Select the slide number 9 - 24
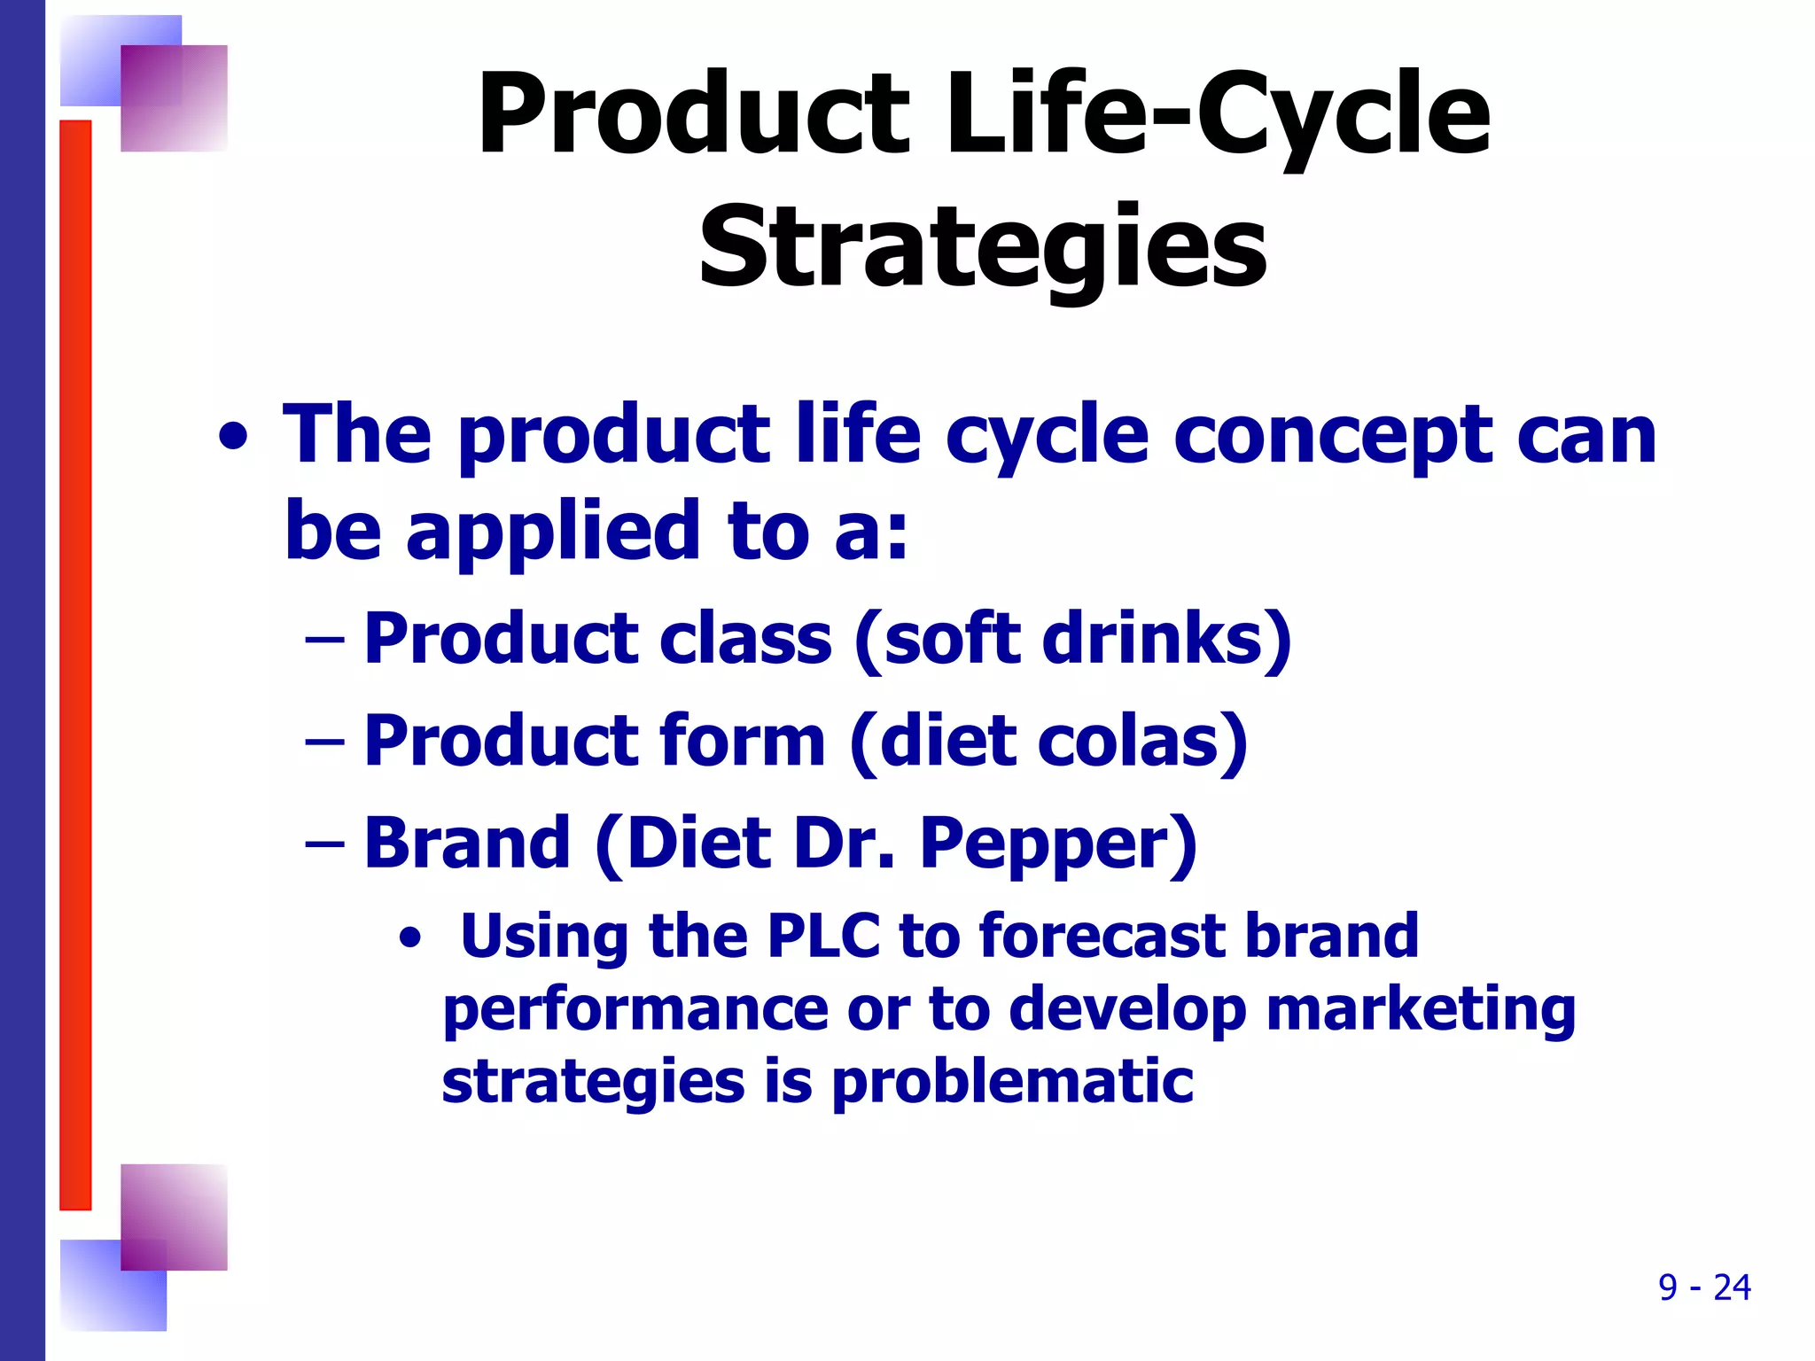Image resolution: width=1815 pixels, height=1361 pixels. [1703, 1287]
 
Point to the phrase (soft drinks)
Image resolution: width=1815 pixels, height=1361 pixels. [1072, 640]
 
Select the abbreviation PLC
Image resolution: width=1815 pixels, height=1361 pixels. [823, 937]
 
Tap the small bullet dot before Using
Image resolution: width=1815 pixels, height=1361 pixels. [409, 937]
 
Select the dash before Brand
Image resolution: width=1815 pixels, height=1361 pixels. [323, 843]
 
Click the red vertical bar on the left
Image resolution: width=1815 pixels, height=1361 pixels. [75, 665]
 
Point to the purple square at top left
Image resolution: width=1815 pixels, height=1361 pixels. [174, 97]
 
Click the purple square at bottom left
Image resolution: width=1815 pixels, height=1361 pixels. [174, 1217]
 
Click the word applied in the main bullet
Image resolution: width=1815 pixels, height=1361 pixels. [555, 532]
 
